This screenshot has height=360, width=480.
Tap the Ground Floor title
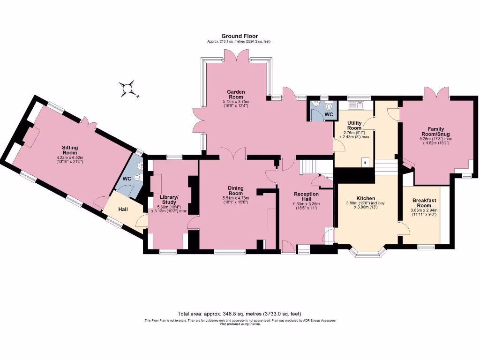[240, 36]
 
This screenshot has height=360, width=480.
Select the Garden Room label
[236, 94]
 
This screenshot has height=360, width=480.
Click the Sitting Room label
[70, 150]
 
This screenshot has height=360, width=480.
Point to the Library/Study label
[169, 200]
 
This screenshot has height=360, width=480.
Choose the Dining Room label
[235, 190]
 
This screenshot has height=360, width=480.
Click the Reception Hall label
[306, 196]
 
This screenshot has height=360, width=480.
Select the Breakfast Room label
[424, 202]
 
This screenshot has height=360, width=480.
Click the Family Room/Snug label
[435, 132]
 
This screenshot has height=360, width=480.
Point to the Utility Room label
[354, 125]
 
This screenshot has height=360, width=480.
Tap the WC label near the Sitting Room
[127, 179]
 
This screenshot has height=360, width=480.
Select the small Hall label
[123, 209]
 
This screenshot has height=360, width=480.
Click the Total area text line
[240, 314]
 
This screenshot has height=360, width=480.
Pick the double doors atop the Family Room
[436, 93]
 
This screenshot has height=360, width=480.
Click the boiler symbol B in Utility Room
[365, 163]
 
